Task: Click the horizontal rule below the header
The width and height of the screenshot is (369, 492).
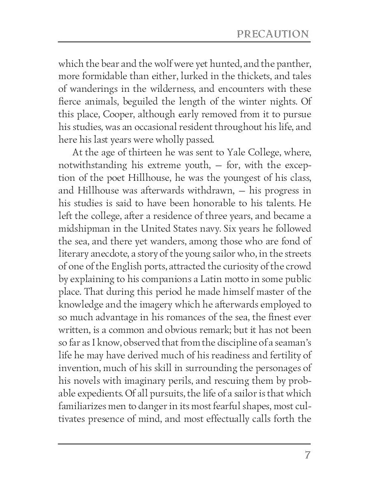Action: click(184, 42)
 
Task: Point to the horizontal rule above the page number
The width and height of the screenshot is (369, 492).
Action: click(184, 444)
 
